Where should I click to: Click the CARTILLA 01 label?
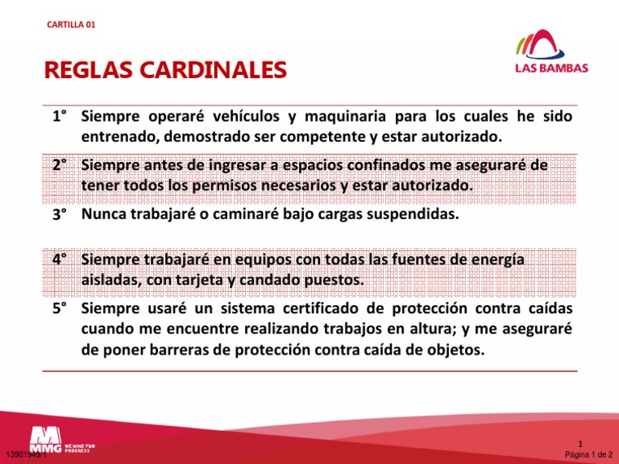point(72,25)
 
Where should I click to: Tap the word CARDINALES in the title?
point(212,72)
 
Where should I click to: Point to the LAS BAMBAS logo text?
point(551,68)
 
